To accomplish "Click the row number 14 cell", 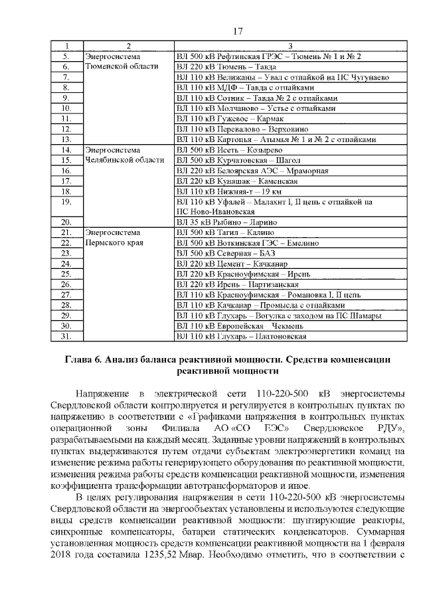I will click(66, 150).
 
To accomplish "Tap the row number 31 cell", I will click(66, 336).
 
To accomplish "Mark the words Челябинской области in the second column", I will click(125, 160).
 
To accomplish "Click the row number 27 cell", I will click(66, 294).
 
